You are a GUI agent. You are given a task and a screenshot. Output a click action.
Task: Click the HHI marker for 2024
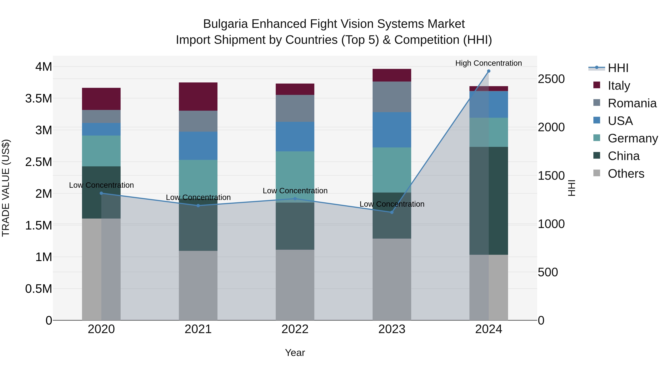click(x=489, y=71)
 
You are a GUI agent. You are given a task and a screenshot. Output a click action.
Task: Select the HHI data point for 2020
click(x=101, y=193)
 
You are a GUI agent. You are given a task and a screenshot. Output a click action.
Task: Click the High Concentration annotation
click(x=489, y=63)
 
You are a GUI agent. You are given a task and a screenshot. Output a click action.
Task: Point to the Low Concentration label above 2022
click(x=295, y=191)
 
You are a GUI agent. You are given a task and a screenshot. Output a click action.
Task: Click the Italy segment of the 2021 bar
click(x=198, y=97)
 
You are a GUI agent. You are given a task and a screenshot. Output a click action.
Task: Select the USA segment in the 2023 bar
click(x=392, y=130)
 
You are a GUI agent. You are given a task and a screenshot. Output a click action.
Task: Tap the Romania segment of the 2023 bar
click(x=392, y=97)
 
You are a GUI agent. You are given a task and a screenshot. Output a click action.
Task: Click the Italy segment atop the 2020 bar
click(x=101, y=99)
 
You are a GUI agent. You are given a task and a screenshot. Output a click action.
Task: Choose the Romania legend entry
click(x=632, y=103)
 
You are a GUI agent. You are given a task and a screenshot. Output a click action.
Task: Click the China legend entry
click(x=623, y=156)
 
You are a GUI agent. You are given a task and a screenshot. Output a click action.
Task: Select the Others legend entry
click(x=626, y=174)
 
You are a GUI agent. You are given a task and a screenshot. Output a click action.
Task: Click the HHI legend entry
click(x=618, y=68)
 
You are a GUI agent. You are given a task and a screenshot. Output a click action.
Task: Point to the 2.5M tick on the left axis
click(x=39, y=162)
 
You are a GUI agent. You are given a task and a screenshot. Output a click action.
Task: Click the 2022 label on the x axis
click(x=295, y=329)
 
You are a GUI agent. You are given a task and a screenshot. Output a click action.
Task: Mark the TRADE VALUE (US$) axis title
click(x=6, y=188)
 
